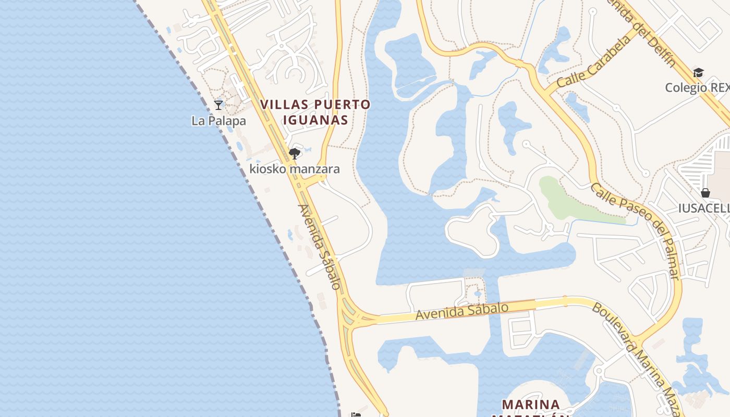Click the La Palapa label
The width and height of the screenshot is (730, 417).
218,121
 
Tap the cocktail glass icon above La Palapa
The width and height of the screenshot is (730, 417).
218,105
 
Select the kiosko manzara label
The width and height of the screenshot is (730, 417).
295,169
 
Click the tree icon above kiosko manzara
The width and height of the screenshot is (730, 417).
295,153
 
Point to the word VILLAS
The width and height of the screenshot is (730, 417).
285,104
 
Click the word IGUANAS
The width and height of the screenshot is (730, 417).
315,120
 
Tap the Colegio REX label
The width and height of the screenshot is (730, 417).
697,88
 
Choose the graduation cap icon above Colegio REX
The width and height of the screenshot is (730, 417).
698,72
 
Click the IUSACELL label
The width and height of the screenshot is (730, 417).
703,208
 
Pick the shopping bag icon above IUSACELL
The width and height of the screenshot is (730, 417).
705,193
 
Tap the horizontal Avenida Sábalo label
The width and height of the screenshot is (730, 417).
461,312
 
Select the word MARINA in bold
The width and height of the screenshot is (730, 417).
531,404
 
